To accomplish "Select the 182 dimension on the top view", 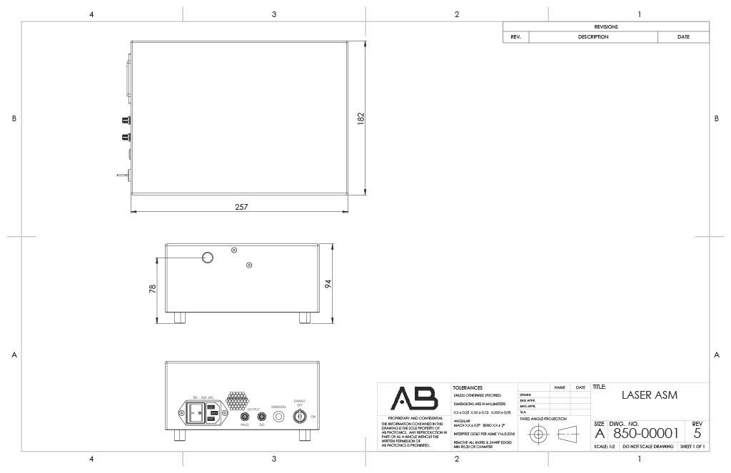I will (x=361, y=117).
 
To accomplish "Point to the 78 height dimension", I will (x=153, y=288).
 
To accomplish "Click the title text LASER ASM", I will (x=649, y=395).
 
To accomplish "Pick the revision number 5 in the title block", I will (x=697, y=432).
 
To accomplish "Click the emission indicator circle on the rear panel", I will (x=278, y=416).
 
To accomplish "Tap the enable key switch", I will (x=300, y=416).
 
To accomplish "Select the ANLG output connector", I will (x=245, y=416).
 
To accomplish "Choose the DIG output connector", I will (x=261, y=416).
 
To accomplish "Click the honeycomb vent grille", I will (x=237, y=400).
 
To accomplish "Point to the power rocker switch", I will (x=196, y=413).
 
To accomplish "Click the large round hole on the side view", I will (x=207, y=257).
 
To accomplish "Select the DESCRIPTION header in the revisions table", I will (x=593, y=37).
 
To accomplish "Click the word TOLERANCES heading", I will (x=468, y=387).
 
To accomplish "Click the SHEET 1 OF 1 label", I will (x=692, y=447).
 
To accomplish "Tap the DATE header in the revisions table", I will (x=683, y=37).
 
